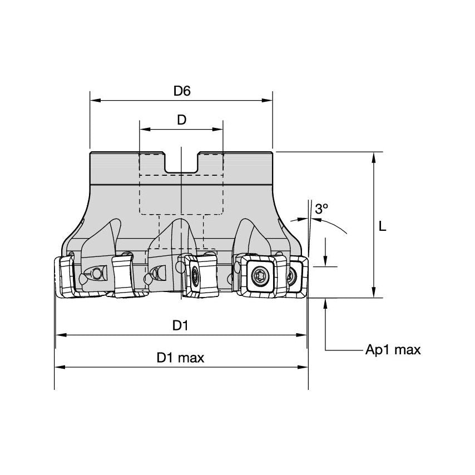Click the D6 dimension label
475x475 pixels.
(x=181, y=91)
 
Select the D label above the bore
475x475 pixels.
(x=181, y=120)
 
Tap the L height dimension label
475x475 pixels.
(x=382, y=226)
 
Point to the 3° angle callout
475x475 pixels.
(x=321, y=209)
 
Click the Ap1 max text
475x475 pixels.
(x=393, y=350)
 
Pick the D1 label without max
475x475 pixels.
(x=180, y=326)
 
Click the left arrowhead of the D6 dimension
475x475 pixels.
(x=94, y=101)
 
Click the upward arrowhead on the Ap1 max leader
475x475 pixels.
(x=326, y=303)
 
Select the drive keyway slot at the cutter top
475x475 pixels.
(x=181, y=161)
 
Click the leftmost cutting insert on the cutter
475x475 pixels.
(x=64, y=276)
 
